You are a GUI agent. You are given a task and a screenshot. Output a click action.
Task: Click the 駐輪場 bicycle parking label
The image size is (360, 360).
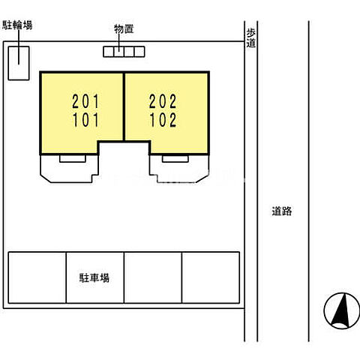(17, 25)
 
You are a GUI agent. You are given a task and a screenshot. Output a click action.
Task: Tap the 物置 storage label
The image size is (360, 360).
(124, 29)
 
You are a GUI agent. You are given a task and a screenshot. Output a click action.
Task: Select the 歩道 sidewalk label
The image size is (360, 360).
(251, 38)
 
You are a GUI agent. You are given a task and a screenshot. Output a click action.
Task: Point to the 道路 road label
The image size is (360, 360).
(282, 211)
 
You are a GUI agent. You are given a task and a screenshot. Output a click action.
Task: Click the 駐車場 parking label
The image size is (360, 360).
(94, 277)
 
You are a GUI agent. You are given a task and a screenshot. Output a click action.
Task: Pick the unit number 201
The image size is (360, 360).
(85, 101)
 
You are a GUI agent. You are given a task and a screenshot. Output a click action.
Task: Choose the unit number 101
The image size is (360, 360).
(85, 120)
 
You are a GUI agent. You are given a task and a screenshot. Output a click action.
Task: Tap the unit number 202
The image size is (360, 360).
(163, 101)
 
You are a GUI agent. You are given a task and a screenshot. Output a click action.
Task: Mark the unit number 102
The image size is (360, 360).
(163, 120)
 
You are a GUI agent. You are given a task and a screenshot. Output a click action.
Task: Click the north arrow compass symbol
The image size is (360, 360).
(342, 310)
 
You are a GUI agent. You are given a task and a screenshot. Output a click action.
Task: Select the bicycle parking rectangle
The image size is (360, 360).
(19, 63)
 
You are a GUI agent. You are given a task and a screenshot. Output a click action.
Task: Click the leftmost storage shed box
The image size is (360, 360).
(109, 52)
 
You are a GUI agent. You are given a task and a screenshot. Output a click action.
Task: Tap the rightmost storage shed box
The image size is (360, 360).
(139, 52)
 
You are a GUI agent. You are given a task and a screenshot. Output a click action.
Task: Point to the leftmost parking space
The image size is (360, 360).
(37, 277)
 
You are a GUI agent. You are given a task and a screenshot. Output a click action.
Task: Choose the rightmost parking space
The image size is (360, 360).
(211, 277)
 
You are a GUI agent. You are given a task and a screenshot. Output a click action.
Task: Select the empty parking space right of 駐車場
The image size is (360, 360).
(153, 277)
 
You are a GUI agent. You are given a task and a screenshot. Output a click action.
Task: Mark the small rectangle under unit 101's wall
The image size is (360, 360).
(73, 158)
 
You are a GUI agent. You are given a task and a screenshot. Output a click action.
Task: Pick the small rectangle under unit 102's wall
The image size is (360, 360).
(175, 158)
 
